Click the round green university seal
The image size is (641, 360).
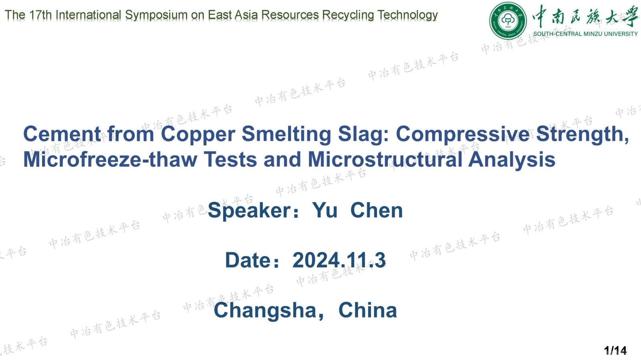[508, 20]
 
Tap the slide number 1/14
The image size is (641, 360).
[615, 350]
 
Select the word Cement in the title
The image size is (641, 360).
[62, 134]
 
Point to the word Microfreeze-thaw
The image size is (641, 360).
[110, 159]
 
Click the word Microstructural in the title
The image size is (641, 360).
[385, 159]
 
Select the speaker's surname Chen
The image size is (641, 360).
[376, 210]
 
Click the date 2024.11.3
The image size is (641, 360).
[339, 260]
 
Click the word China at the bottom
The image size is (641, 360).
[367, 310]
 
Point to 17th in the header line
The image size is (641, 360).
[40, 15]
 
